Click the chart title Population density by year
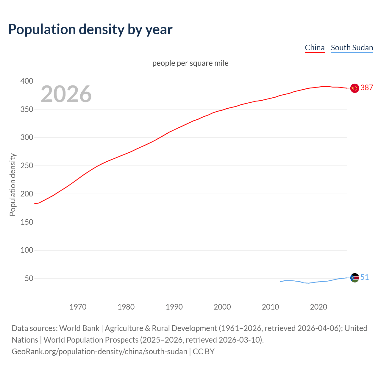pyautogui.click(x=90, y=29)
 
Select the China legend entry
pyautogui.click(x=315, y=48)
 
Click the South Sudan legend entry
pyautogui.click(x=352, y=48)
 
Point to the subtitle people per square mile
pyautogui.click(x=190, y=63)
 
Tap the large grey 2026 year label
pyautogui.click(x=66, y=94)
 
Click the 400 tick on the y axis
pyautogui.click(x=27, y=81)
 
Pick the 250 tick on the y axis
pyautogui.click(x=27, y=165)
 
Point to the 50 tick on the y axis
pyautogui.click(x=29, y=279)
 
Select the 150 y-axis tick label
pyautogui.click(x=27, y=222)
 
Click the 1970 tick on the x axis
pyautogui.click(x=78, y=307)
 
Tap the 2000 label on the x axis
pyautogui.click(x=222, y=307)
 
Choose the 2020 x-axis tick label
pyautogui.click(x=318, y=307)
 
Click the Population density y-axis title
pyautogui.click(x=13, y=185)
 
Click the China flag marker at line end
pyautogui.click(x=355, y=88)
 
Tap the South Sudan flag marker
pyautogui.click(x=355, y=278)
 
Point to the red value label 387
pyautogui.click(x=367, y=88)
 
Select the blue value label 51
pyautogui.click(x=365, y=277)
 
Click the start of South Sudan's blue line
pyautogui.click(x=280, y=282)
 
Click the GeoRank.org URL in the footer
pyautogui.click(x=99, y=352)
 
